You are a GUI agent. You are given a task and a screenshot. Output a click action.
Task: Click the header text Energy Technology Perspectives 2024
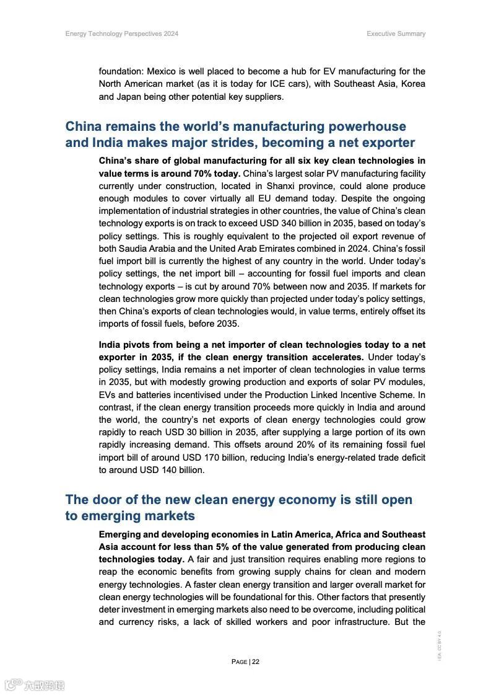coord(121,33)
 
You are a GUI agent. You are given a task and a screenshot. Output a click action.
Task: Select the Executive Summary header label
coord(396,33)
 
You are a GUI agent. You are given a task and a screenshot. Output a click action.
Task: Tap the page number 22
coord(256,662)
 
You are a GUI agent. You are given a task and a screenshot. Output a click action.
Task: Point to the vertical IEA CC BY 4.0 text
coord(439,645)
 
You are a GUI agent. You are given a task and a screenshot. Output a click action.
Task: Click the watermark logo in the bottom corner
coord(34,685)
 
